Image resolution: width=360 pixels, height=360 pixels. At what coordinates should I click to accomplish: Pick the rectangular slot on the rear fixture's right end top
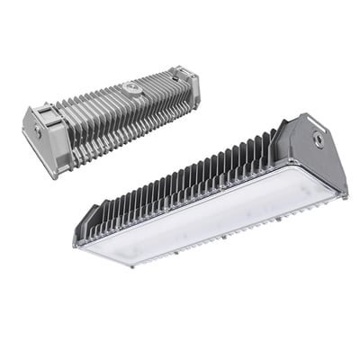(184, 69)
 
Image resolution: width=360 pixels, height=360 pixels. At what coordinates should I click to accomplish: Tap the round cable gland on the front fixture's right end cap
(318, 139)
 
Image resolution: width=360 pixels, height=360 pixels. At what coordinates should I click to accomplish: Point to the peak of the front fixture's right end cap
(306, 115)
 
